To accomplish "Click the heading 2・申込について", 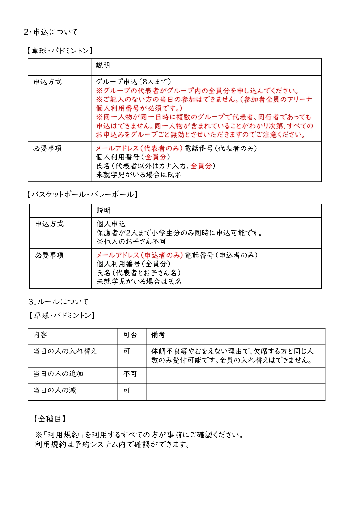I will pyautogui.click(x=51, y=32).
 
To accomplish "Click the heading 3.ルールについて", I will pyautogui.click(x=58, y=301).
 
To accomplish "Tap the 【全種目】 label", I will pyautogui.click(x=50, y=419).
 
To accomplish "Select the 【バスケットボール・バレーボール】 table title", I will pyautogui.click(x=82, y=194).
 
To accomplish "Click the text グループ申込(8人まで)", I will pyautogui.click(x=133, y=82).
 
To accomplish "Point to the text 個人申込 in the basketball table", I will pyautogui.click(x=111, y=224).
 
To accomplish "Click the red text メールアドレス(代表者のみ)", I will pyautogui.click(x=139, y=148).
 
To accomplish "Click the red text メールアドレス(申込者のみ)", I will pyautogui.click(x=140, y=255).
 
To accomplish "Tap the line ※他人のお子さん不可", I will pyautogui.click(x=132, y=242).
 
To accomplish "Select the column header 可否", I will pyautogui.click(x=130, y=335).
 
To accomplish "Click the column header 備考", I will pyautogui.click(x=158, y=335).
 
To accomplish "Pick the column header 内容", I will pyautogui.click(x=40, y=335).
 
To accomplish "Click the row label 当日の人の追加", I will pyautogui.click(x=58, y=374).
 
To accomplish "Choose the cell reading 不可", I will pyautogui.click(x=130, y=374).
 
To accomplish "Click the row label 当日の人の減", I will pyautogui.click(x=55, y=390).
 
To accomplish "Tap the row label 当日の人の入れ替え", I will pyautogui.click(x=65, y=351).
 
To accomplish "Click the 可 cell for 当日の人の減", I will pyautogui.click(x=127, y=390).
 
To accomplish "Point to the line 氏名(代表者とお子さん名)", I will pyautogui.click(x=139, y=273).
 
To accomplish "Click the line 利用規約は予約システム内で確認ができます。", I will pyautogui.click(x=113, y=444).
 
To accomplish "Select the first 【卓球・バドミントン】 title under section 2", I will pyautogui.click(x=60, y=51).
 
